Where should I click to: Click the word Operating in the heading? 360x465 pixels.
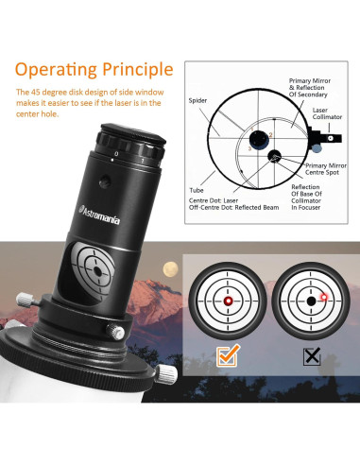click(x=56, y=70)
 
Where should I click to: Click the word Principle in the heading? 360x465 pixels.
click(x=138, y=70)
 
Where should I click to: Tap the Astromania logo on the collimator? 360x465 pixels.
click(x=99, y=215)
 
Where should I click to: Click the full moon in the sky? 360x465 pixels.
click(x=170, y=269)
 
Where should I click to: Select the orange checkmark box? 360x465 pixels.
click(x=228, y=356)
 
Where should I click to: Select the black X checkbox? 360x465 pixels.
click(x=312, y=356)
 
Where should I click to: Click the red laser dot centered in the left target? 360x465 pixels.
click(x=228, y=301)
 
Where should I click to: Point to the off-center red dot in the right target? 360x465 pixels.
click(x=324, y=297)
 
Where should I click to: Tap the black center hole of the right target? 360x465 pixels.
click(x=311, y=301)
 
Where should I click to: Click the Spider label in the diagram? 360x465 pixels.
click(x=197, y=100)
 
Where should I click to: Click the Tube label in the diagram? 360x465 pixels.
click(x=197, y=190)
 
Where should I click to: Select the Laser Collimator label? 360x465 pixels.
click(x=327, y=113)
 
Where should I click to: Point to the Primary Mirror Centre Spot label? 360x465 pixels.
click(x=326, y=169)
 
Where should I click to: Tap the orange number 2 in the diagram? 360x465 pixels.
click(x=270, y=135)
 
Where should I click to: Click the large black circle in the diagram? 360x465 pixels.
click(x=259, y=139)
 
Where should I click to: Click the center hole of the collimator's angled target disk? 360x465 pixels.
click(x=97, y=271)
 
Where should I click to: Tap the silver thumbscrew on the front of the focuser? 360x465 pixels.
click(x=115, y=332)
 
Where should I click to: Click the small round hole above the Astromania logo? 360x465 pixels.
click(x=105, y=181)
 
